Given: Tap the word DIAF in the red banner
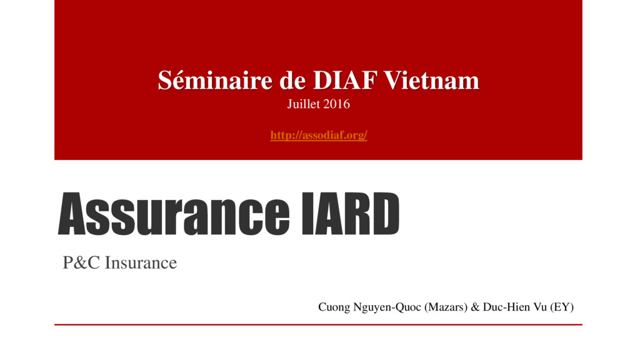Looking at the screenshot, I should coord(342,81).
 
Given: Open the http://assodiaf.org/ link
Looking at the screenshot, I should coord(318,135).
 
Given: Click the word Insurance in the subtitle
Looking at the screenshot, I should coord(141,263).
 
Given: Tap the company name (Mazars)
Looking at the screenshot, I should coord(446,307).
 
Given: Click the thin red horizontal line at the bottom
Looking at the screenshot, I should coord(318,325).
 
